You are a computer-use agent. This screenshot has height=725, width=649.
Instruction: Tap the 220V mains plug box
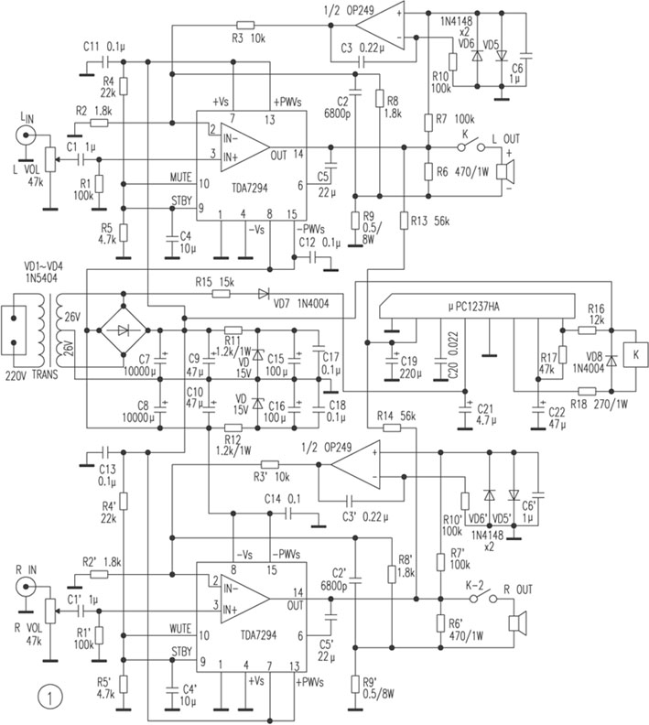pos(16,333)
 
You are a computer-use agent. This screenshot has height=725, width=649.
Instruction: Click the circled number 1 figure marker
pos(48,697)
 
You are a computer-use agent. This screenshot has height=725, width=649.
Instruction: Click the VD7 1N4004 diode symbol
pos(264,295)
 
